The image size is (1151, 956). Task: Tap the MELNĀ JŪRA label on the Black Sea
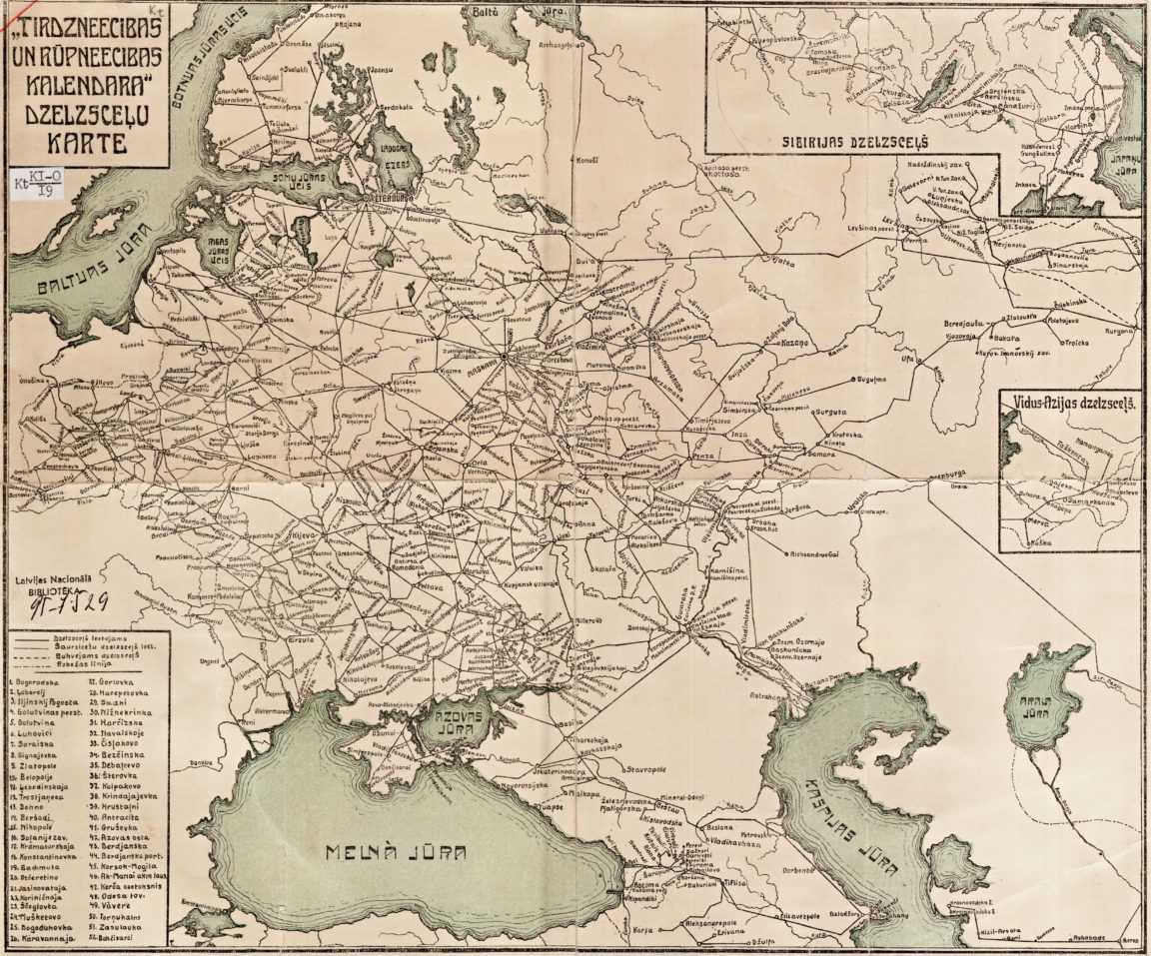398,852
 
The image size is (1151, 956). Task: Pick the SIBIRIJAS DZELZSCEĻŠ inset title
852,141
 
